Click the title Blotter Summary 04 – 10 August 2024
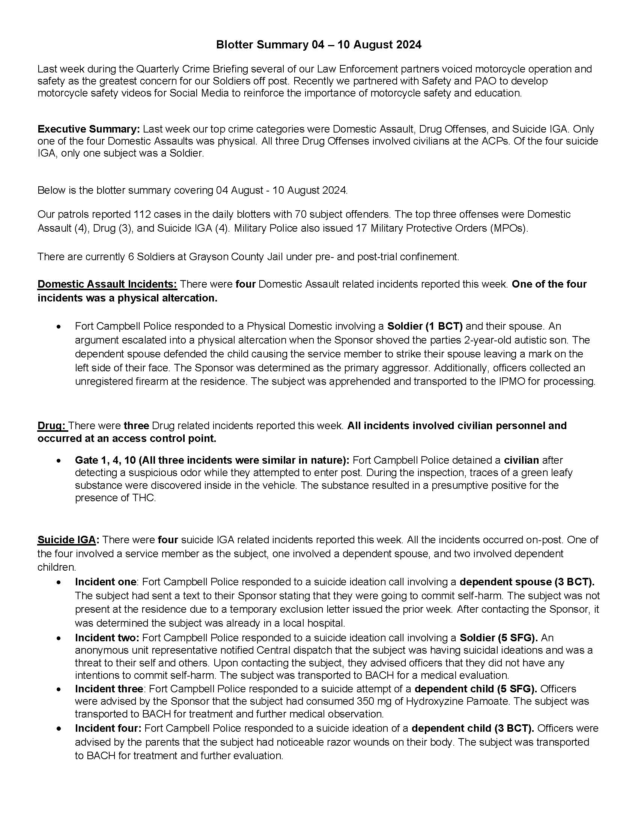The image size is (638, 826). [x=318, y=45]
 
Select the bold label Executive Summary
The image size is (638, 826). [x=89, y=129]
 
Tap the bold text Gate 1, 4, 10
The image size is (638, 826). [x=108, y=460]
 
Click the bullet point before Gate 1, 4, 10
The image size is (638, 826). [x=58, y=461]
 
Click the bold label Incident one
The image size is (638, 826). [x=105, y=582]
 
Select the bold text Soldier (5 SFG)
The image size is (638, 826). [x=498, y=638]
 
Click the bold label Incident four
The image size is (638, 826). [x=108, y=728]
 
